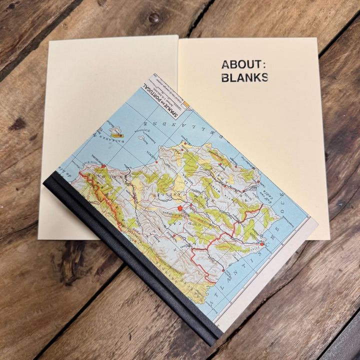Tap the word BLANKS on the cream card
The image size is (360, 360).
(244, 77)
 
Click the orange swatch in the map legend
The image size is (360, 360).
(186, 105)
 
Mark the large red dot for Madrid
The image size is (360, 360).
(179, 207)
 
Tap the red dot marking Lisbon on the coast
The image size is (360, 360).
(261, 244)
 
